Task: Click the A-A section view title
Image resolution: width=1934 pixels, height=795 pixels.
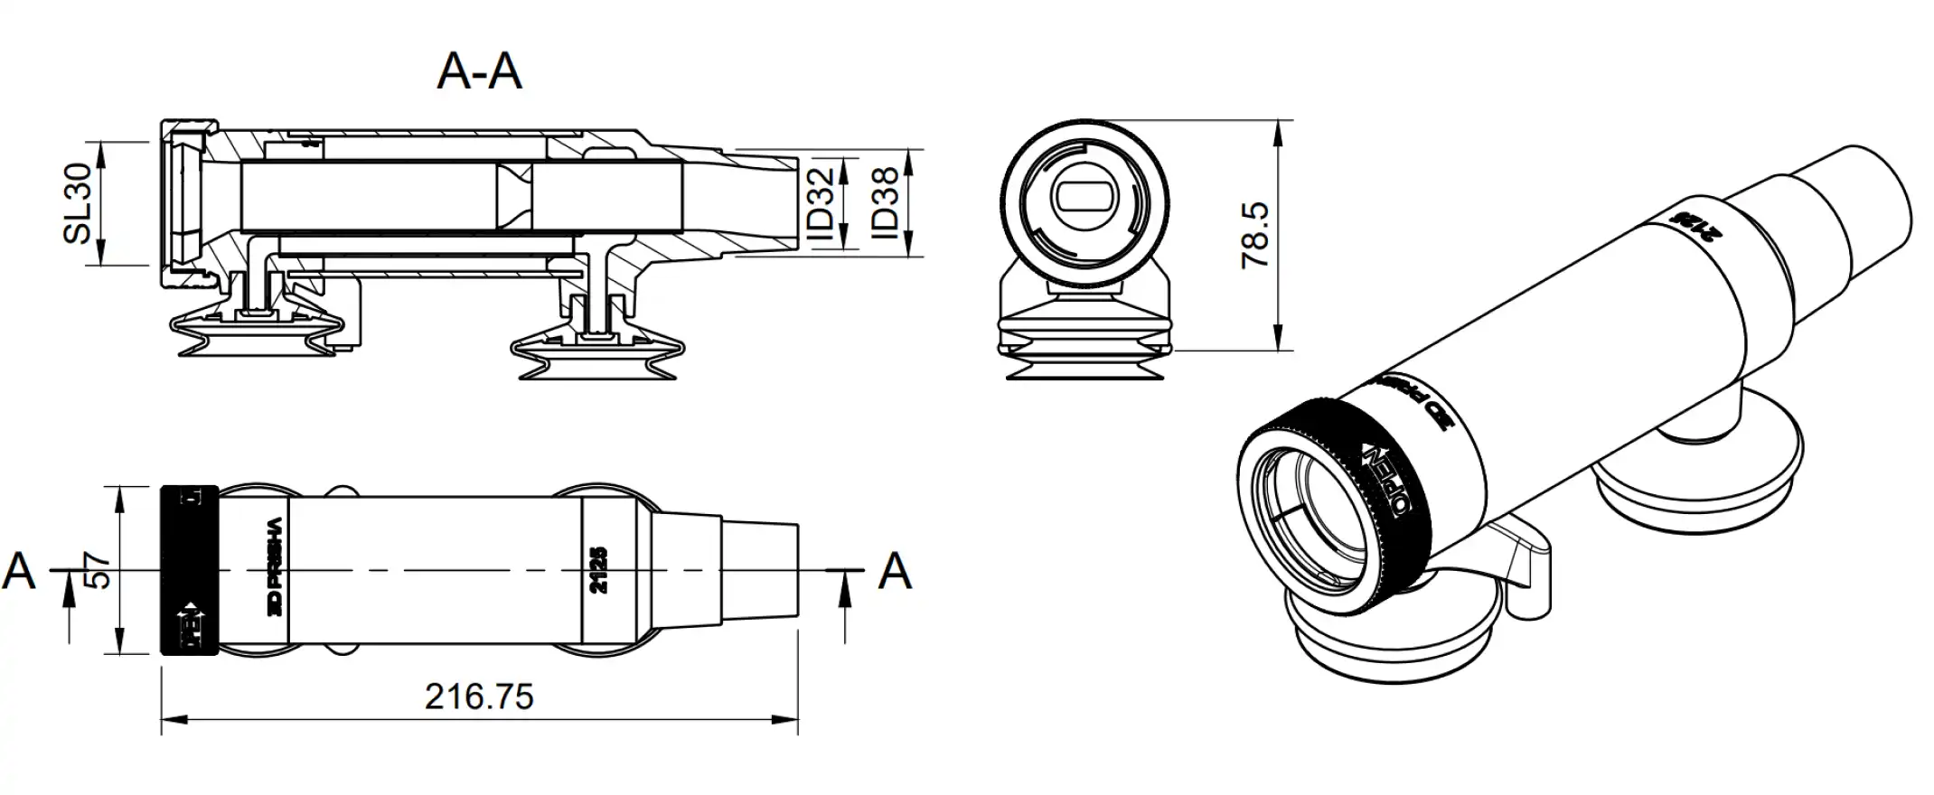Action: coord(479,71)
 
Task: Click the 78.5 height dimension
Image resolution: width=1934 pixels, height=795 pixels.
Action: coord(1256,236)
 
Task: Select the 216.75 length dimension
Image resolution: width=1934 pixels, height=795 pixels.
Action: coord(479,697)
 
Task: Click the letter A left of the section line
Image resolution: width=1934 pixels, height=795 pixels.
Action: coord(20,572)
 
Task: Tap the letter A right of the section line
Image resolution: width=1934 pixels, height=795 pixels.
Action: coord(895,572)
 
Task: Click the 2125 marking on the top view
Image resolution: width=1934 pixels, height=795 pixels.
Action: coord(597,570)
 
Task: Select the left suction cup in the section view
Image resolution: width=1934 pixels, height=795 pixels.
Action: coord(253,330)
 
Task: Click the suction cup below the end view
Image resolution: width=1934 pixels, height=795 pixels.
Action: coord(1085,343)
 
